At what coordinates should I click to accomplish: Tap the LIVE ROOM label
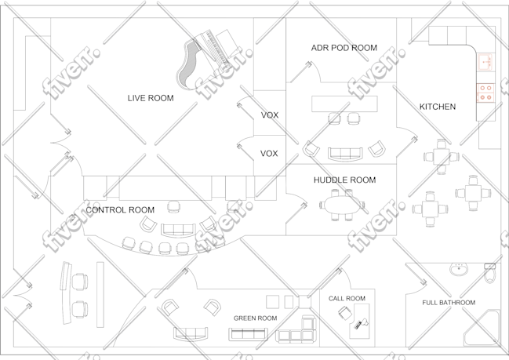tap(151, 98)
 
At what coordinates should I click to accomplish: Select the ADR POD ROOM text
tap(344, 48)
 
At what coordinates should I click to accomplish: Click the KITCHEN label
tap(438, 107)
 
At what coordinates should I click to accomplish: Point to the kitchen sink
tap(485, 62)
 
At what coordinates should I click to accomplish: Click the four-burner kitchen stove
tap(485, 93)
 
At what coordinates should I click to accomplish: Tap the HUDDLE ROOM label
tap(345, 180)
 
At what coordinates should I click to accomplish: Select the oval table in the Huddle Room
tap(343, 205)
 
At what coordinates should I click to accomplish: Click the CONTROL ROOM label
tap(120, 210)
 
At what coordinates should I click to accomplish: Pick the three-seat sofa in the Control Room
tap(179, 230)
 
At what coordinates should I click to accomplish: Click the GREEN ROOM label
tap(255, 318)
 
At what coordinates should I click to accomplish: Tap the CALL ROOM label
tap(347, 298)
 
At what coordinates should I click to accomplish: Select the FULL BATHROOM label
tap(449, 303)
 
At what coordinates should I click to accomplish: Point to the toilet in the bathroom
tap(489, 273)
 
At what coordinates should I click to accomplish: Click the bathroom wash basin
tap(459, 269)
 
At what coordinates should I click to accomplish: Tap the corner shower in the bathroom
tap(482, 328)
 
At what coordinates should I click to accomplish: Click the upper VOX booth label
tap(270, 115)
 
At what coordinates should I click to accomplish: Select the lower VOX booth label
tap(269, 153)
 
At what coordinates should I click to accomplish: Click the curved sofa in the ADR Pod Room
tap(345, 155)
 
